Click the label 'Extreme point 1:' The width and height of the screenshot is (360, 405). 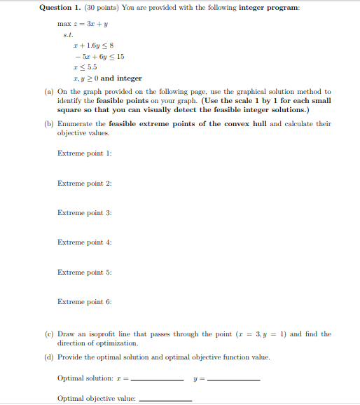tap(84, 153)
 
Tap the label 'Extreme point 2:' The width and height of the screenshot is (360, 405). tap(84, 183)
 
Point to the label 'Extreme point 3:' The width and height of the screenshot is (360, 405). tap(84, 212)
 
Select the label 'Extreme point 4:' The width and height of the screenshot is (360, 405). tap(84, 242)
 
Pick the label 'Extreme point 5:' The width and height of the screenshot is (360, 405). tap(84, 272)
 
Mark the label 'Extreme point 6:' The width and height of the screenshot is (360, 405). tap(84, 302)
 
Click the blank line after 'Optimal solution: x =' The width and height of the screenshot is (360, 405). tap(157, 380)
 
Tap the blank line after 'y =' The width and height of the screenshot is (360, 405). tap(234, 380)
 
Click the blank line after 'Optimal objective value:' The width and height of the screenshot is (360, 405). tap(165, 400)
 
